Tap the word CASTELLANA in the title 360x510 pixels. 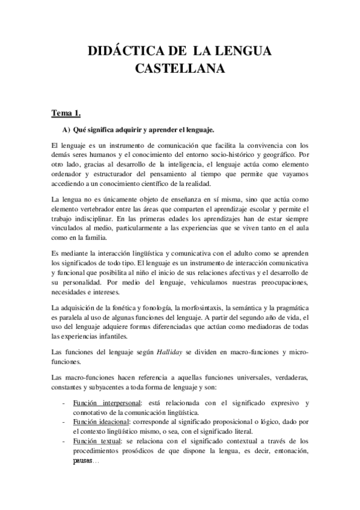(180, 69)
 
